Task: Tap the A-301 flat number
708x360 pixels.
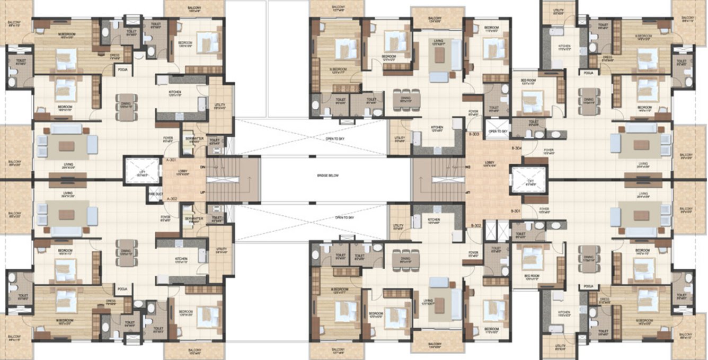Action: click(171, 159)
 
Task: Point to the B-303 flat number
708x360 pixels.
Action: click(475, 134)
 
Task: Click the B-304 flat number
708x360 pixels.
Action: click(517, 147)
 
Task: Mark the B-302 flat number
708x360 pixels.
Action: click(475, 225)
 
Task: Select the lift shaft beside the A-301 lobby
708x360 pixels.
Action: click(142, 171)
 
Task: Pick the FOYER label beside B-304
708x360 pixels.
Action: click(548, 151)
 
